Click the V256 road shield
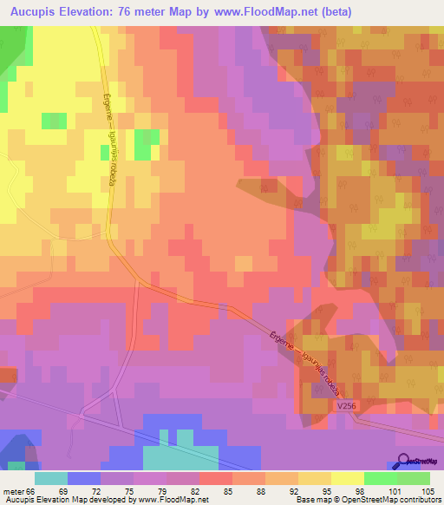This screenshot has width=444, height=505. (347, 406)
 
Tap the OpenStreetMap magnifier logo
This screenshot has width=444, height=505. (405, 460)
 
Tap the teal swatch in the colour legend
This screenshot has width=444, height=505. (51, 477)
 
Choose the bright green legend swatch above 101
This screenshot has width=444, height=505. (380, 477)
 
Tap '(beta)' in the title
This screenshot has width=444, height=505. (416, 10)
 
